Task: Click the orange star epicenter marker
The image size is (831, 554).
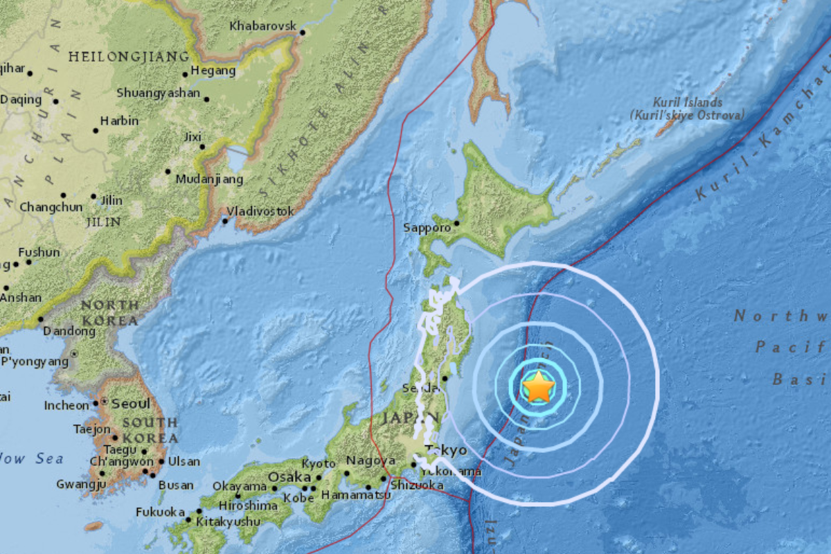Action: click(x=539, y=387)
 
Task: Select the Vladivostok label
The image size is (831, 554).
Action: click(x=261, y=211)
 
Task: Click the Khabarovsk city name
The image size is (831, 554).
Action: click(x=262, y=26)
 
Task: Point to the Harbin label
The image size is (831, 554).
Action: click(x=119, y=120)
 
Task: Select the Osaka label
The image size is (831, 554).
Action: click(x=286, y=476)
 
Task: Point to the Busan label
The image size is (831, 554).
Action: click(x=176, y=485)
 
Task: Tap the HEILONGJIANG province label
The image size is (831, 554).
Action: click(x=129, y=56)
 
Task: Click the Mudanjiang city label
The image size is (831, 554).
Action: click(x=209, y=179)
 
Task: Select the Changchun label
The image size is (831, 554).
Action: click(x=51, y=206)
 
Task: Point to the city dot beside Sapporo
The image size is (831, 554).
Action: click(x=456, y=223)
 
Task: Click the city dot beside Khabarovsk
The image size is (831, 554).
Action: click(x=302, y=32)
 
